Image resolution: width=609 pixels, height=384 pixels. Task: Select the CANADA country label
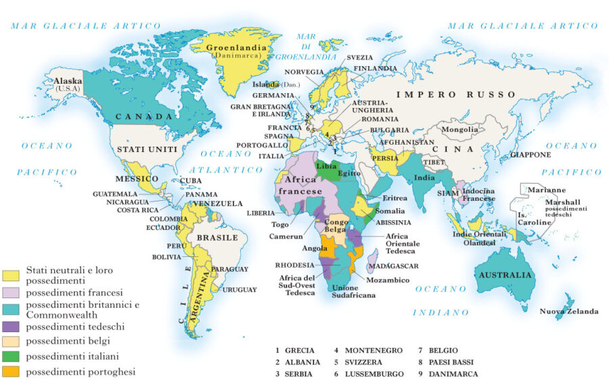pyautogui.click(x=143, y=117)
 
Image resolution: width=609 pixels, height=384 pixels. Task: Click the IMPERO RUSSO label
pyautogui.click(x=456, y=95)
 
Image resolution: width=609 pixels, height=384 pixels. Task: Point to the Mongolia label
pyautogui.click(x=459, y=129)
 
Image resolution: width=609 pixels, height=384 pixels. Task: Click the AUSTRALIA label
pyautogui.click(x=505, y=275)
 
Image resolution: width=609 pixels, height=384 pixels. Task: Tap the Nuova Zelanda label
pyautogui.click(x=569, y=311)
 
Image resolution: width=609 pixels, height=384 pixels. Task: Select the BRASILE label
pyautogui.click(x=217, y=237)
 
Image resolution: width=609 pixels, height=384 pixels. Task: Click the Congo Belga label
pyautogui.click(x=337, y=226)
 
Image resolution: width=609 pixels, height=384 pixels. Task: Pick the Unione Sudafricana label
pyautogui.click(x=353, y=291)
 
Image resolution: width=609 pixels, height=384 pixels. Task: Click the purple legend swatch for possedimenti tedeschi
pyautogui.click(x=12, y=327)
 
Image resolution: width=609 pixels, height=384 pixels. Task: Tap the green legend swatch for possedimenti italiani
pyautogui.click(x=12, y=356)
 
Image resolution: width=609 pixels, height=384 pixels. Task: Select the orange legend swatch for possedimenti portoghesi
pyautogui.click(x=12, y=372)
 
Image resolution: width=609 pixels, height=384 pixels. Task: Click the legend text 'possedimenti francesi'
pyautogui.click(x=74, y=293)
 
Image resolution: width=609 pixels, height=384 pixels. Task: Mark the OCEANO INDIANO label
pyautogui.click(x=441, y=300)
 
